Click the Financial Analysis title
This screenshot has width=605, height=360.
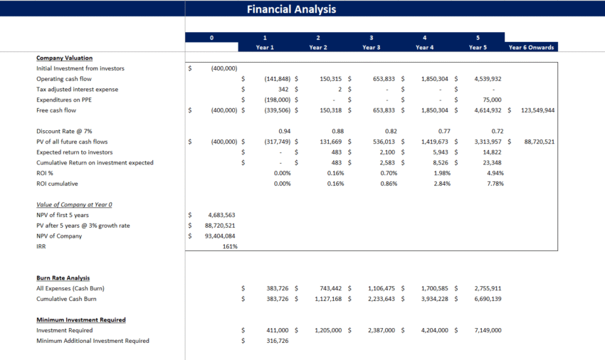pyautogui.click(x=291, y=9)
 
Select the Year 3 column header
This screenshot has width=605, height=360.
pyautogui.click(x=371, y=47)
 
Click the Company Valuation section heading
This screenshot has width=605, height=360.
pyautogui.click(x=64, y=58)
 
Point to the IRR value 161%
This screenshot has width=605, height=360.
pyautogui.click(x=229, y=246)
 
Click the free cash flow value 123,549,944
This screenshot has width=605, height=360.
pyautogui.click(x=537, y=110)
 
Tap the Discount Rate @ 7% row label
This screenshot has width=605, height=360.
pyautogui.click(x=65, y=131)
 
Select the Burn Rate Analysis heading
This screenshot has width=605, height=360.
pyautogui.click(x=63, y=277)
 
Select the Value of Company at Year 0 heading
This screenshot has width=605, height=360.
pyautogui.click(x=74, y=204)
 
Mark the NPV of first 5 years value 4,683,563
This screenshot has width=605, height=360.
pyautogui.click(x=221, y=215)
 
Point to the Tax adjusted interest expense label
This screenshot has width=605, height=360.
pyautogui.click(x=77, y=89)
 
